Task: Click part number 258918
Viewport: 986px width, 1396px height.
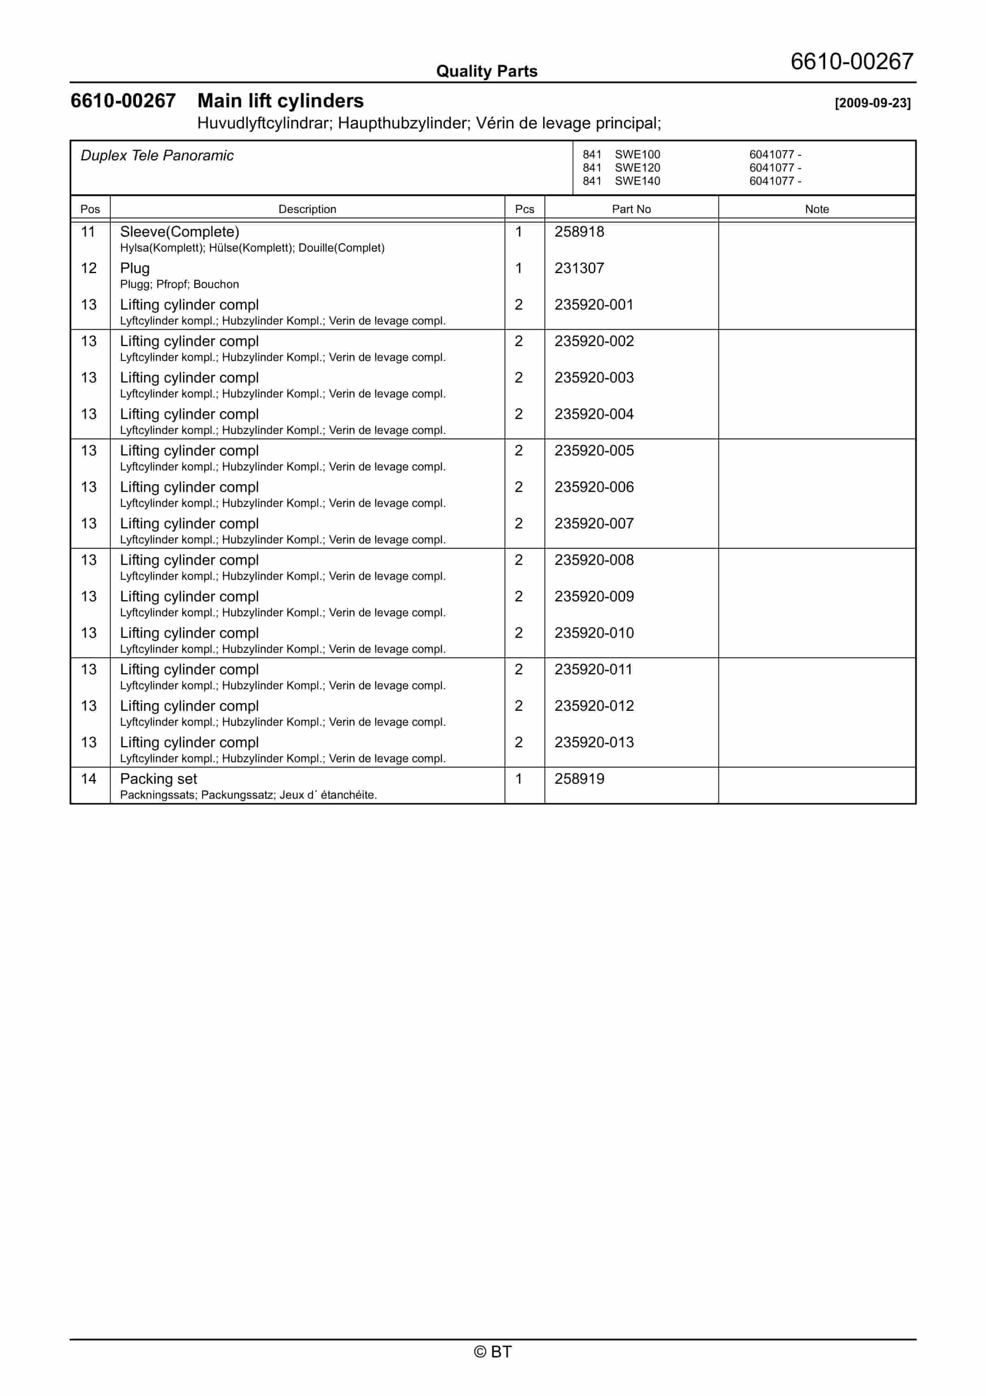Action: click(x=579, y=232)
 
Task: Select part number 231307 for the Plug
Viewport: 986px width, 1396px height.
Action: click(x=579, y=268)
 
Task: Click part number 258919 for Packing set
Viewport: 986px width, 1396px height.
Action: click(x=579, y=779)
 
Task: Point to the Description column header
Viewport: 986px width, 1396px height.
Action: click(x=307, y=209)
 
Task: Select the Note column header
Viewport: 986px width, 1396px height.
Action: click(x=817, y=209)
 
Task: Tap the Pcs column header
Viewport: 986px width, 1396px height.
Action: click(x=524, y=209)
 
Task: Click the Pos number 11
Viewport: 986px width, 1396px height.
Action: click(x=88, y=232)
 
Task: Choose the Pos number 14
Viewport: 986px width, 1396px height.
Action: click(x=88, y=779)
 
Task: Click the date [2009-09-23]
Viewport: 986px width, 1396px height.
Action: click(x=872, y=103)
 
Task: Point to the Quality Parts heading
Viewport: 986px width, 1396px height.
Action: click(x=486, y=71)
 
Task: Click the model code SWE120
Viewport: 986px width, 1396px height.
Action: click(x=637, y=168)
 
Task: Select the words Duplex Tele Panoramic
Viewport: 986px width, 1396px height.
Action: click(x=157, y=156)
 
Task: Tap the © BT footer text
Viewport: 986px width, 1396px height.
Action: click(x=493, y=1352)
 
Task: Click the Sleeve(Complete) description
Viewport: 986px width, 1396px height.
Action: click(x=179, y=232)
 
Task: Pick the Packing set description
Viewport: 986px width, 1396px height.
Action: click(x=158, y=779)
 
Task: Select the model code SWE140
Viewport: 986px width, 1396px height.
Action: click(x=637, y=181)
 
